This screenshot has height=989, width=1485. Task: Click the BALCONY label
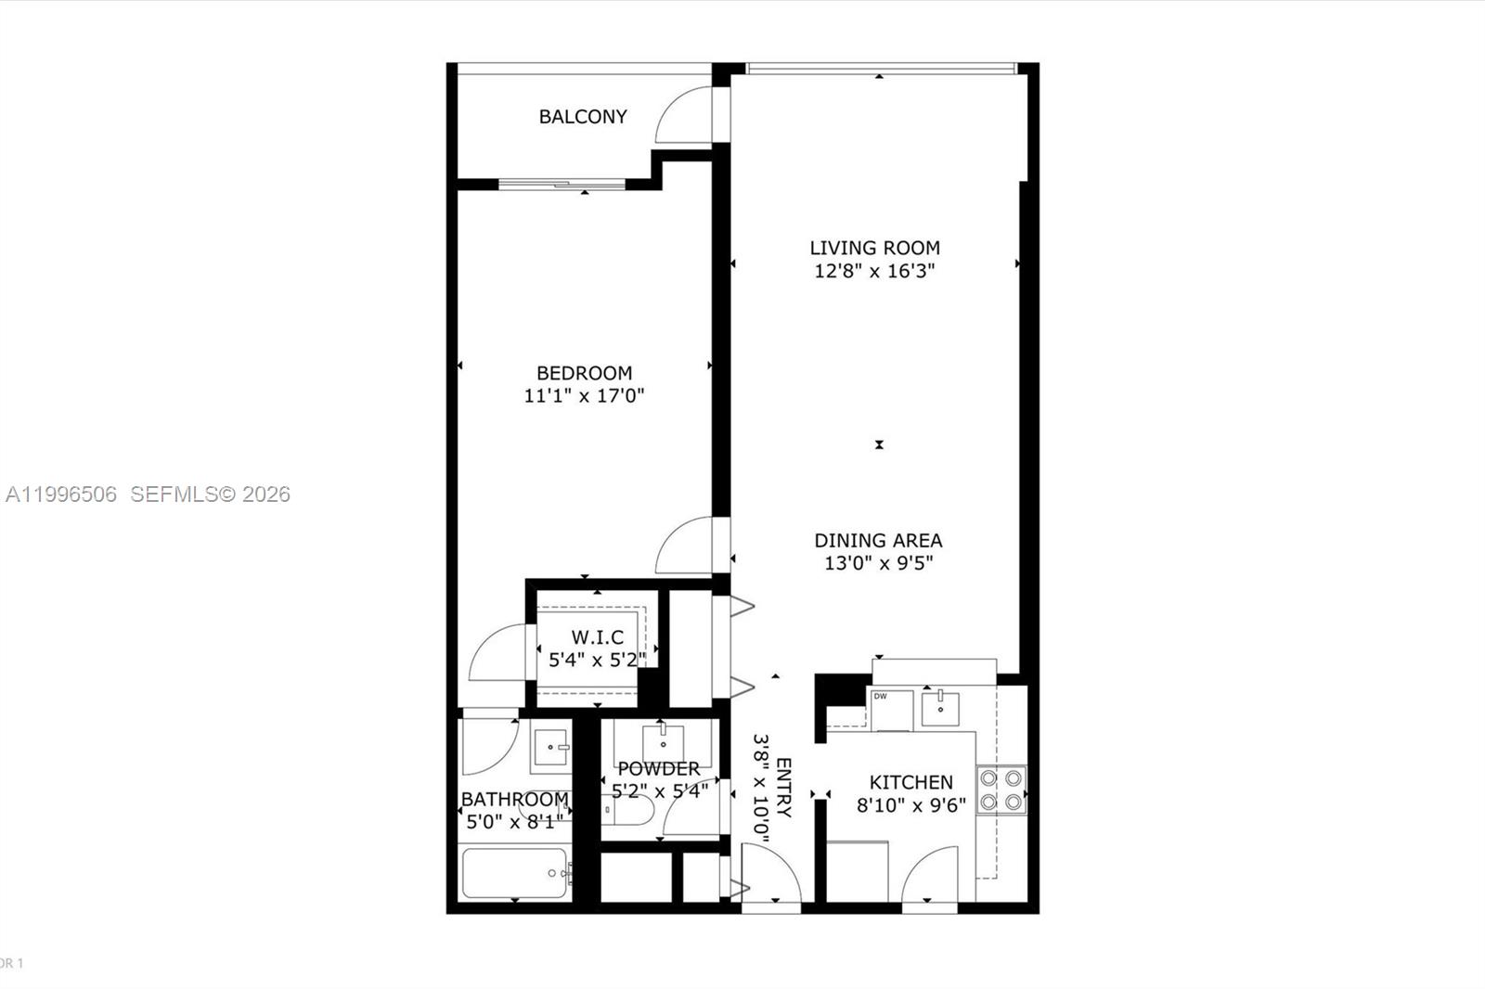(583, 117)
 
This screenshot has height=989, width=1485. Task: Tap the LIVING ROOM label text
(874, 248)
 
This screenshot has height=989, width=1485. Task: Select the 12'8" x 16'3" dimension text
(874, 272)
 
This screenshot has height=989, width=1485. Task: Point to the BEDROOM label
(584, 373)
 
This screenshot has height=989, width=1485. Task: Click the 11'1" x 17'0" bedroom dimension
(584, 396)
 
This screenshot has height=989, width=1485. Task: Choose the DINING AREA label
(878, 540)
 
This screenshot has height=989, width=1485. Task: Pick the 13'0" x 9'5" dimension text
(878, 563)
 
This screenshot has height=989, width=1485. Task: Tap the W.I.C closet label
(597, 637)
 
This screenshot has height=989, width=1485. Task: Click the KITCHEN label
(910, 782)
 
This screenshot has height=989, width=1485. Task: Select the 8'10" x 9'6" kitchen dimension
(910, 805)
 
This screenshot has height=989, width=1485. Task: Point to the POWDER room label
(658, 769)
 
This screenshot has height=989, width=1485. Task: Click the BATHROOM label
(514, 799)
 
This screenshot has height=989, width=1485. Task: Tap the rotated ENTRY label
(783, 788)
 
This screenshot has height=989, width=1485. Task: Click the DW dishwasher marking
(880, 697)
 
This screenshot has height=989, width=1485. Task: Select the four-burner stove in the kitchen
(1001, 790)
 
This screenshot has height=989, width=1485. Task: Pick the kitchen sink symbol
(942, 708)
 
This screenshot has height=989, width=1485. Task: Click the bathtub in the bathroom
(514, 873)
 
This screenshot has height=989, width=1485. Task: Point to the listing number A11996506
(61, 494)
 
